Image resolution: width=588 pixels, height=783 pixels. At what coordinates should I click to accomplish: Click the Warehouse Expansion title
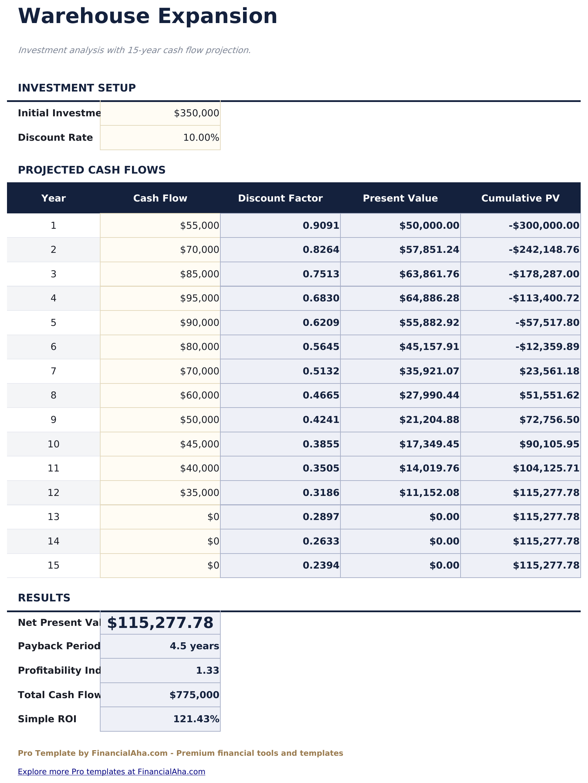coord(147,16)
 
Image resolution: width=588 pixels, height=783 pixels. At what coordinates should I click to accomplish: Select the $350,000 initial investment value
coord(196,113)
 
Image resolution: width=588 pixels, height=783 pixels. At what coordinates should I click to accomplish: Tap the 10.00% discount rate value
coord(201,138)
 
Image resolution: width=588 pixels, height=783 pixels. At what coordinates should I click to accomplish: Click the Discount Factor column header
coord(280,198)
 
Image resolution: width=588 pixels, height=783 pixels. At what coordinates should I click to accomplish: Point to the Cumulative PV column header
coord(520,198)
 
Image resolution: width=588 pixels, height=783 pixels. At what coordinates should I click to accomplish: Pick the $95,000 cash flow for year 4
coord(199,298)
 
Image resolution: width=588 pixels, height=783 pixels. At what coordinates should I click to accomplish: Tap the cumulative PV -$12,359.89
coord(547,347)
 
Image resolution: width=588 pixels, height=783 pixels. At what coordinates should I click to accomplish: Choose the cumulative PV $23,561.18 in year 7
coord(549,371)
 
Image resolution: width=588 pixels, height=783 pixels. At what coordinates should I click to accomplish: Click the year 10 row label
coord(53,444)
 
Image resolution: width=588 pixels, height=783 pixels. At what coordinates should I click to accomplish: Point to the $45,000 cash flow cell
coord(199,444)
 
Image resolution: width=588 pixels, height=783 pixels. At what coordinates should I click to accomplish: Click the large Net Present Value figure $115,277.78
coord(160,623)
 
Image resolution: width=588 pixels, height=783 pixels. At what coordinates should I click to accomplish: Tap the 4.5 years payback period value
coord(194,646)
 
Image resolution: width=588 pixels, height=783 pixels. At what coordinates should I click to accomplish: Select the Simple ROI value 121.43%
coord(196,719)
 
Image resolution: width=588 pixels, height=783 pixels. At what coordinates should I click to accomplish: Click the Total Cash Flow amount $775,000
coord(194,695)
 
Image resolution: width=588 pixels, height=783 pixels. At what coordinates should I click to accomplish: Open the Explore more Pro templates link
coord(111,772)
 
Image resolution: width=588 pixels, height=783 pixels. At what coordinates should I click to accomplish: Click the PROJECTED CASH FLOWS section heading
coord(92,170)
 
